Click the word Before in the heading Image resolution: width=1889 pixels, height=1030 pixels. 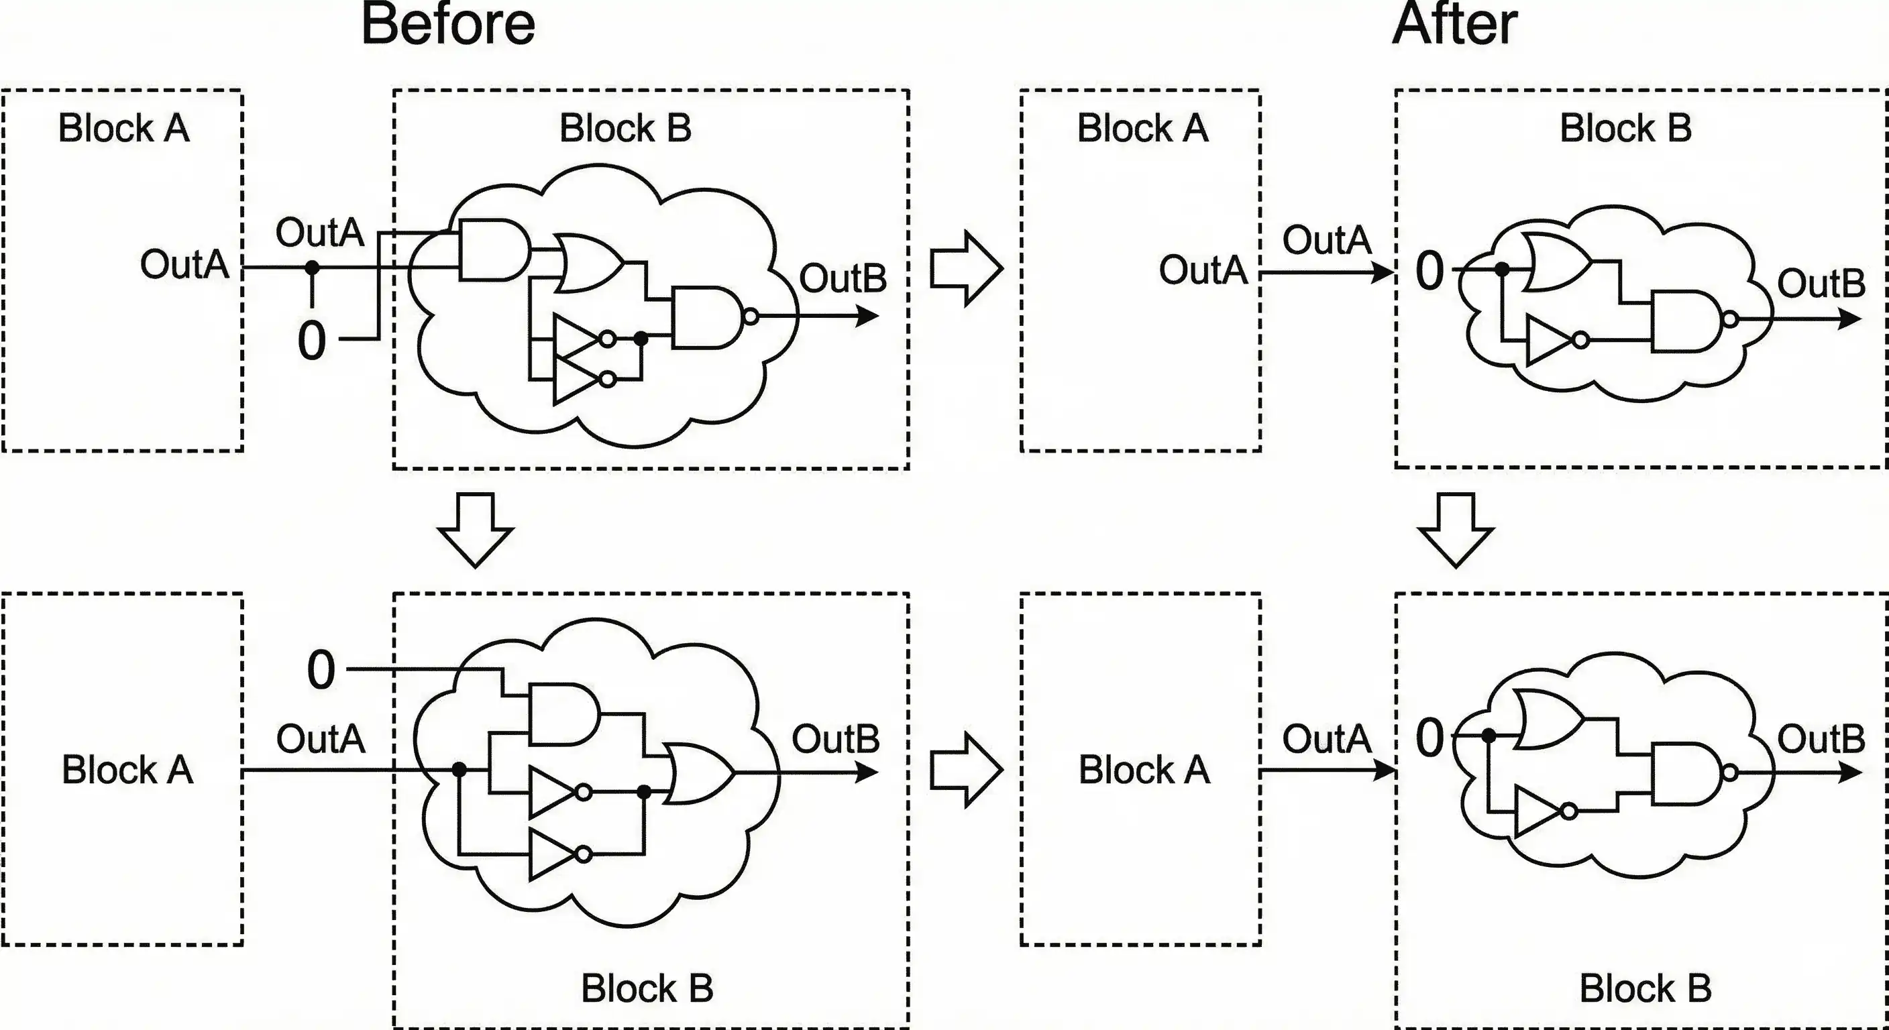click(x=448, y=25)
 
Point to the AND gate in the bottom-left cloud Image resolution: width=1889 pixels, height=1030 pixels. click(x=562, y=715)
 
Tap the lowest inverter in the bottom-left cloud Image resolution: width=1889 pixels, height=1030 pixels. click(x=553, y=854)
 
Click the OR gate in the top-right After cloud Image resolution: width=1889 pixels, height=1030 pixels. click(x=1555, y=262)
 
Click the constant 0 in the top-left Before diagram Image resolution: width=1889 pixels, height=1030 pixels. click(x=312, y=341)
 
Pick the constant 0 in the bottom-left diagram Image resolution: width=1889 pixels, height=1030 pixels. click(x=321, y=669)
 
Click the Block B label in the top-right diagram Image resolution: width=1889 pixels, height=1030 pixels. click(x=1625, y=128)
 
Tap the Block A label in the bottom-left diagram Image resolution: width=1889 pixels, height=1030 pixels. click(x=127, y=770)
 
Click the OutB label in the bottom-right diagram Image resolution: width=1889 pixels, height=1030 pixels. click(x=1821, y=738)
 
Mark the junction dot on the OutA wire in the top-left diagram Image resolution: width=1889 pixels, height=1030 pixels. click(x=313, y=268)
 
